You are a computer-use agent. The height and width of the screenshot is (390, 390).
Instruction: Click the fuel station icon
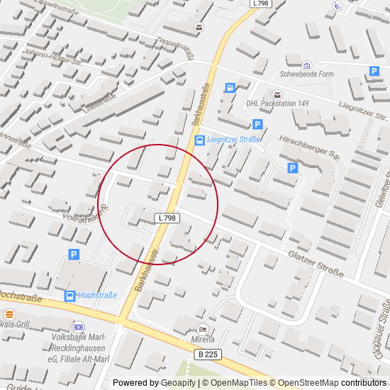(x=230, y=88)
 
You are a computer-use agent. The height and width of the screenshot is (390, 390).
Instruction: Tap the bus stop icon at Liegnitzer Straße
(x=200, y=140)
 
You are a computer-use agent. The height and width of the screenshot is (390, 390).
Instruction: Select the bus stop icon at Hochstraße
(x=69, y=296)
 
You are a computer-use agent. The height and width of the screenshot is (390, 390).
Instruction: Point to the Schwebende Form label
(x=306, y=74)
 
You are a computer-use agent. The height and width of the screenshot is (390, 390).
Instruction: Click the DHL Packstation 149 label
(x=277, y=104)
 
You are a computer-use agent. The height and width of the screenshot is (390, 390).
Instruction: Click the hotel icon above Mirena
(x=204, y=329)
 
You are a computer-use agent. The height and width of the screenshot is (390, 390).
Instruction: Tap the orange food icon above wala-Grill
(x=9, y=313)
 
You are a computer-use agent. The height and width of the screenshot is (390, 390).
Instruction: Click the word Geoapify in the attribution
(x=178, y=383)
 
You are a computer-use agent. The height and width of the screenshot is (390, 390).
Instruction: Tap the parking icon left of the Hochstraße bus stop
(x=73, y=255)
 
